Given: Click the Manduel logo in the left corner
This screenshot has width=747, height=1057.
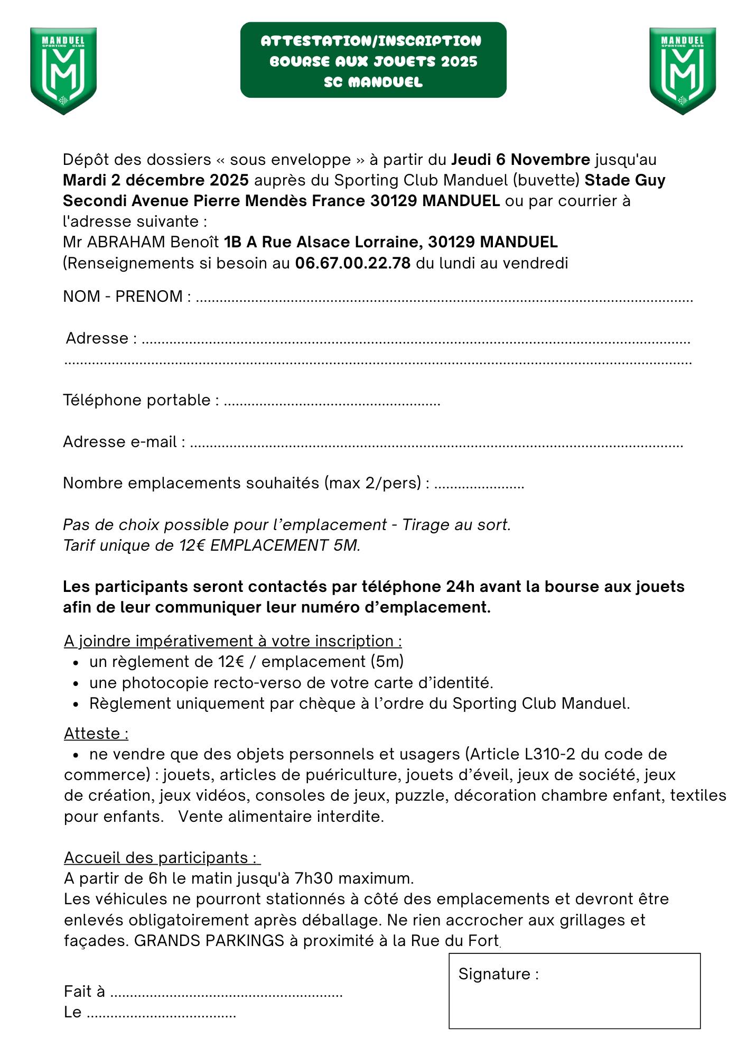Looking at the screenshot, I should click(x=63, y=71).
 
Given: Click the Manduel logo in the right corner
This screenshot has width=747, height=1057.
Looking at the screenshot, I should click(x=682, y=71).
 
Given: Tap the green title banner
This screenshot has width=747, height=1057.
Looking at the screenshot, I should click(x=373, y=60).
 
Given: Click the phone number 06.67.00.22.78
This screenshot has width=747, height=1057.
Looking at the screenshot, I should click(x=352, y=263).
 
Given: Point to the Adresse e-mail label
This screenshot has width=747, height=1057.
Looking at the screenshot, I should click(x=124, y=442).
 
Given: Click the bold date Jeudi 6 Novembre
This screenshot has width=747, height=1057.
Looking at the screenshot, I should click(x=520, y=160).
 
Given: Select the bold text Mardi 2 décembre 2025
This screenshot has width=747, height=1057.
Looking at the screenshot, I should click(x=156, y=180).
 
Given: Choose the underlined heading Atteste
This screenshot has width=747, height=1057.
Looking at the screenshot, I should click(x=96, y=734).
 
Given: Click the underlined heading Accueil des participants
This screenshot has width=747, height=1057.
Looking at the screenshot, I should click(x=162, y=857).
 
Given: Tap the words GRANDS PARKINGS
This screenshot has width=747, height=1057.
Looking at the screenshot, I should click(x=209, y=941).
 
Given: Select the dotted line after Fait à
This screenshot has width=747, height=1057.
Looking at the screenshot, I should click(x=227, y=993).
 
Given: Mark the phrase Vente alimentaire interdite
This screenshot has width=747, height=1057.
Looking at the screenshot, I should click(x=281, y=817).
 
